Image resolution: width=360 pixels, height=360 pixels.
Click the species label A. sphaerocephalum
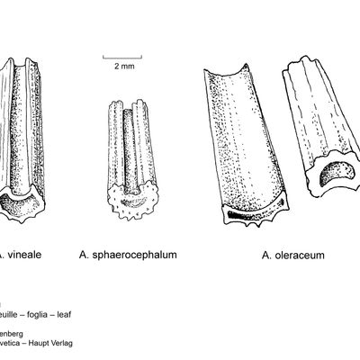[127, 255]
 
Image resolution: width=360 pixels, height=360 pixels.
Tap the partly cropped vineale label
[21, 255]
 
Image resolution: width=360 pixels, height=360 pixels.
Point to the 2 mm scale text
[125, 66]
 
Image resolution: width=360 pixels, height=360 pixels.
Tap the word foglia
[44, 315]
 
